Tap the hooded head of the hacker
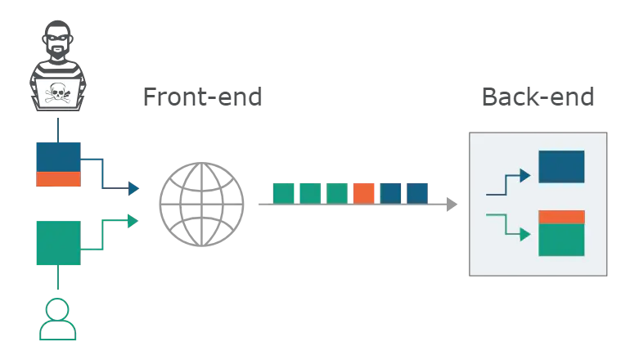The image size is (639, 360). click(57, 41)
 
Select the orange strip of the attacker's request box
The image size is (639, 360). click(57, 179)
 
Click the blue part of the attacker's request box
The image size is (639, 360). click(57, 155)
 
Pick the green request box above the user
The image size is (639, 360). click(57, 242)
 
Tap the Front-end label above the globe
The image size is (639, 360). click(203, 98)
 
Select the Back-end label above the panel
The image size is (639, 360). click(537, 98)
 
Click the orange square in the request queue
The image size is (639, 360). click(364, 192)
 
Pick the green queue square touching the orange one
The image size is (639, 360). click(337, 192)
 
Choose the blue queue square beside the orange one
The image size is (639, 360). click(391, 192)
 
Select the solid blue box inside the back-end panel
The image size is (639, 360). click(561, 166)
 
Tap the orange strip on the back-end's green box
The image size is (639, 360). click(561, 217)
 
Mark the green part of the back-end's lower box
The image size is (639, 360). click(561, 240)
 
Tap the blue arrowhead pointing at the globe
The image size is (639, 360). click(131, 187)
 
